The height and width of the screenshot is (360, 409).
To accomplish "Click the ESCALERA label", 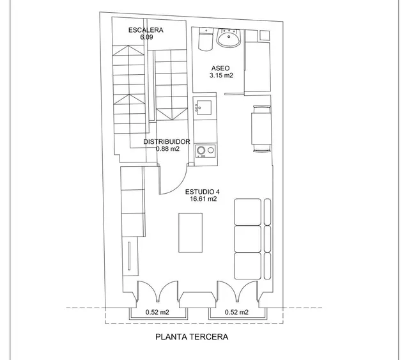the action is tap(146, 30).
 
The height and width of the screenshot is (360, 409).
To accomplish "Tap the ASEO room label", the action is tap(220, 68).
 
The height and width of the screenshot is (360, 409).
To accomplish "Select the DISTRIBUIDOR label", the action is tap(167, 142).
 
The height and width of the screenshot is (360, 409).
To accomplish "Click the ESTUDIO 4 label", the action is tap(203, 192).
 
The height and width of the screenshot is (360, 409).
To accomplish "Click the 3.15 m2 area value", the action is tap(221, 75).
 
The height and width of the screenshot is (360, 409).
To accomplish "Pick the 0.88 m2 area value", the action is tap(167, 149).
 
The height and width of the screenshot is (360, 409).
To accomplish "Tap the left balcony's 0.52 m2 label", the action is tap(157, 312).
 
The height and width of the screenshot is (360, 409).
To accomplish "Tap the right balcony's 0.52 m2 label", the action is tap(236, 312).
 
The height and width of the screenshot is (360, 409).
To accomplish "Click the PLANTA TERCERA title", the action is tap(192, 337).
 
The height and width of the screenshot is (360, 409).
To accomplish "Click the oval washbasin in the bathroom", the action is tap(229, 38).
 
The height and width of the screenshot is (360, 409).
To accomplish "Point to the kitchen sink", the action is tap(204, 107).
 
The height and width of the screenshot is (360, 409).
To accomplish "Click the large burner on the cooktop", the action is tap(201, 150).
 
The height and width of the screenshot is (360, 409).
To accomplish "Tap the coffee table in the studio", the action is tap(190, 233).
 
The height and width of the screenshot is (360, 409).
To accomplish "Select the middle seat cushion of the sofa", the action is tap(247, 239).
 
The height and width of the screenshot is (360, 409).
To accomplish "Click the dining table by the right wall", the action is tap(261, 129).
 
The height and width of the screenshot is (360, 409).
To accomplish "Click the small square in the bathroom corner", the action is tap(264, 36).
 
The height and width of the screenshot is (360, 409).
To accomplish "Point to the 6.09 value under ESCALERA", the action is tap(146, 37).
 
